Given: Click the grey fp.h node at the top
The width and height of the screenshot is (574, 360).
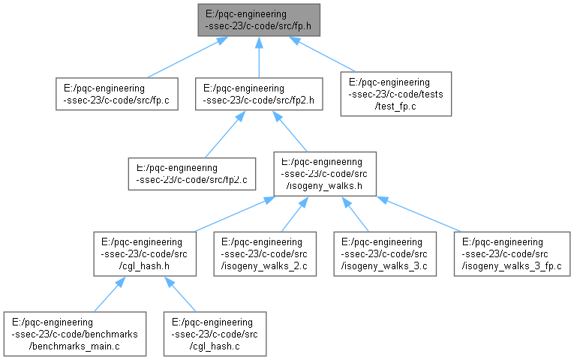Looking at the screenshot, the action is pos(259,20).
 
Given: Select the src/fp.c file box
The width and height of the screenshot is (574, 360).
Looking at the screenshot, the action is pos(117,94).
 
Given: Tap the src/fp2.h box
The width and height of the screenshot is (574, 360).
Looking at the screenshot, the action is pos(259,94).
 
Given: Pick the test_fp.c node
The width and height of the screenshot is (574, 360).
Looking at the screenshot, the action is pos(395,94).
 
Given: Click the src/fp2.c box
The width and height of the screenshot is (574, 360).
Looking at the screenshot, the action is pos(192,174).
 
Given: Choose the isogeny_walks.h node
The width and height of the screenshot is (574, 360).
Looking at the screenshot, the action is pos(325,174).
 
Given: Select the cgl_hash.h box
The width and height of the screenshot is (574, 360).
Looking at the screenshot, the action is pos(145,254).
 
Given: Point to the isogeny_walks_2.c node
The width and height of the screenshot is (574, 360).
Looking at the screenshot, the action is pos(265,254).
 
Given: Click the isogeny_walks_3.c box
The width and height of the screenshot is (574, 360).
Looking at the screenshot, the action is pos(385,254).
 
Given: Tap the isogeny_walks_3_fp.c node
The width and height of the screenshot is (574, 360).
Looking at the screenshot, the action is pos(512,254).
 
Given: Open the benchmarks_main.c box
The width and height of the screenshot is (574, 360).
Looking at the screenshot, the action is pos(75,334).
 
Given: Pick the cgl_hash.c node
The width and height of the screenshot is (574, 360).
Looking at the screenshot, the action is pos(215,334).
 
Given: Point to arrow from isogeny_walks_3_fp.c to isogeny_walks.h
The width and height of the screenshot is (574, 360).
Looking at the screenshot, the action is pos(419,214).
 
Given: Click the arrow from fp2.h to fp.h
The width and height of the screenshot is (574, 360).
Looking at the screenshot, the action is pos(259,57).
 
